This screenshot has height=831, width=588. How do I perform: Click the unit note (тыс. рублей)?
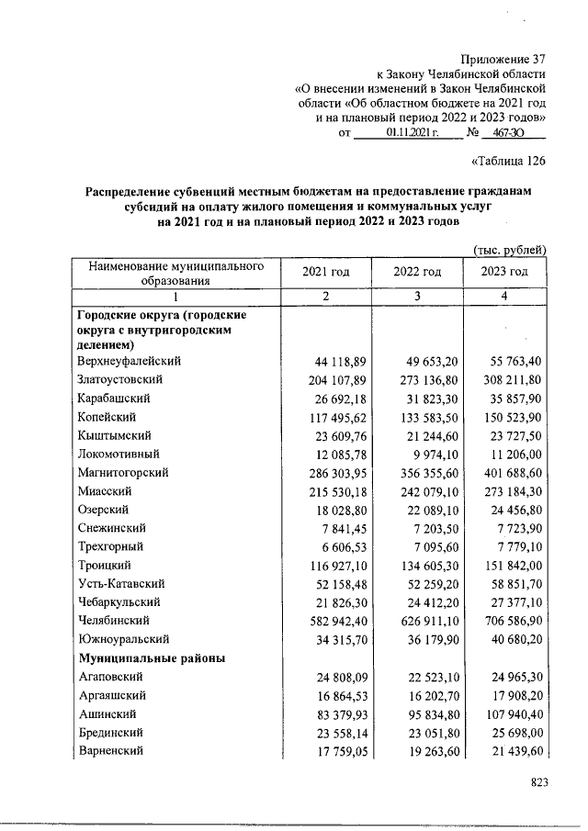coord(511,250)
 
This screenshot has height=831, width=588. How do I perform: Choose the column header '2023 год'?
coord(504,272)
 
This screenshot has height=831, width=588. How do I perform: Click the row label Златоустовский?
coord(120,379)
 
